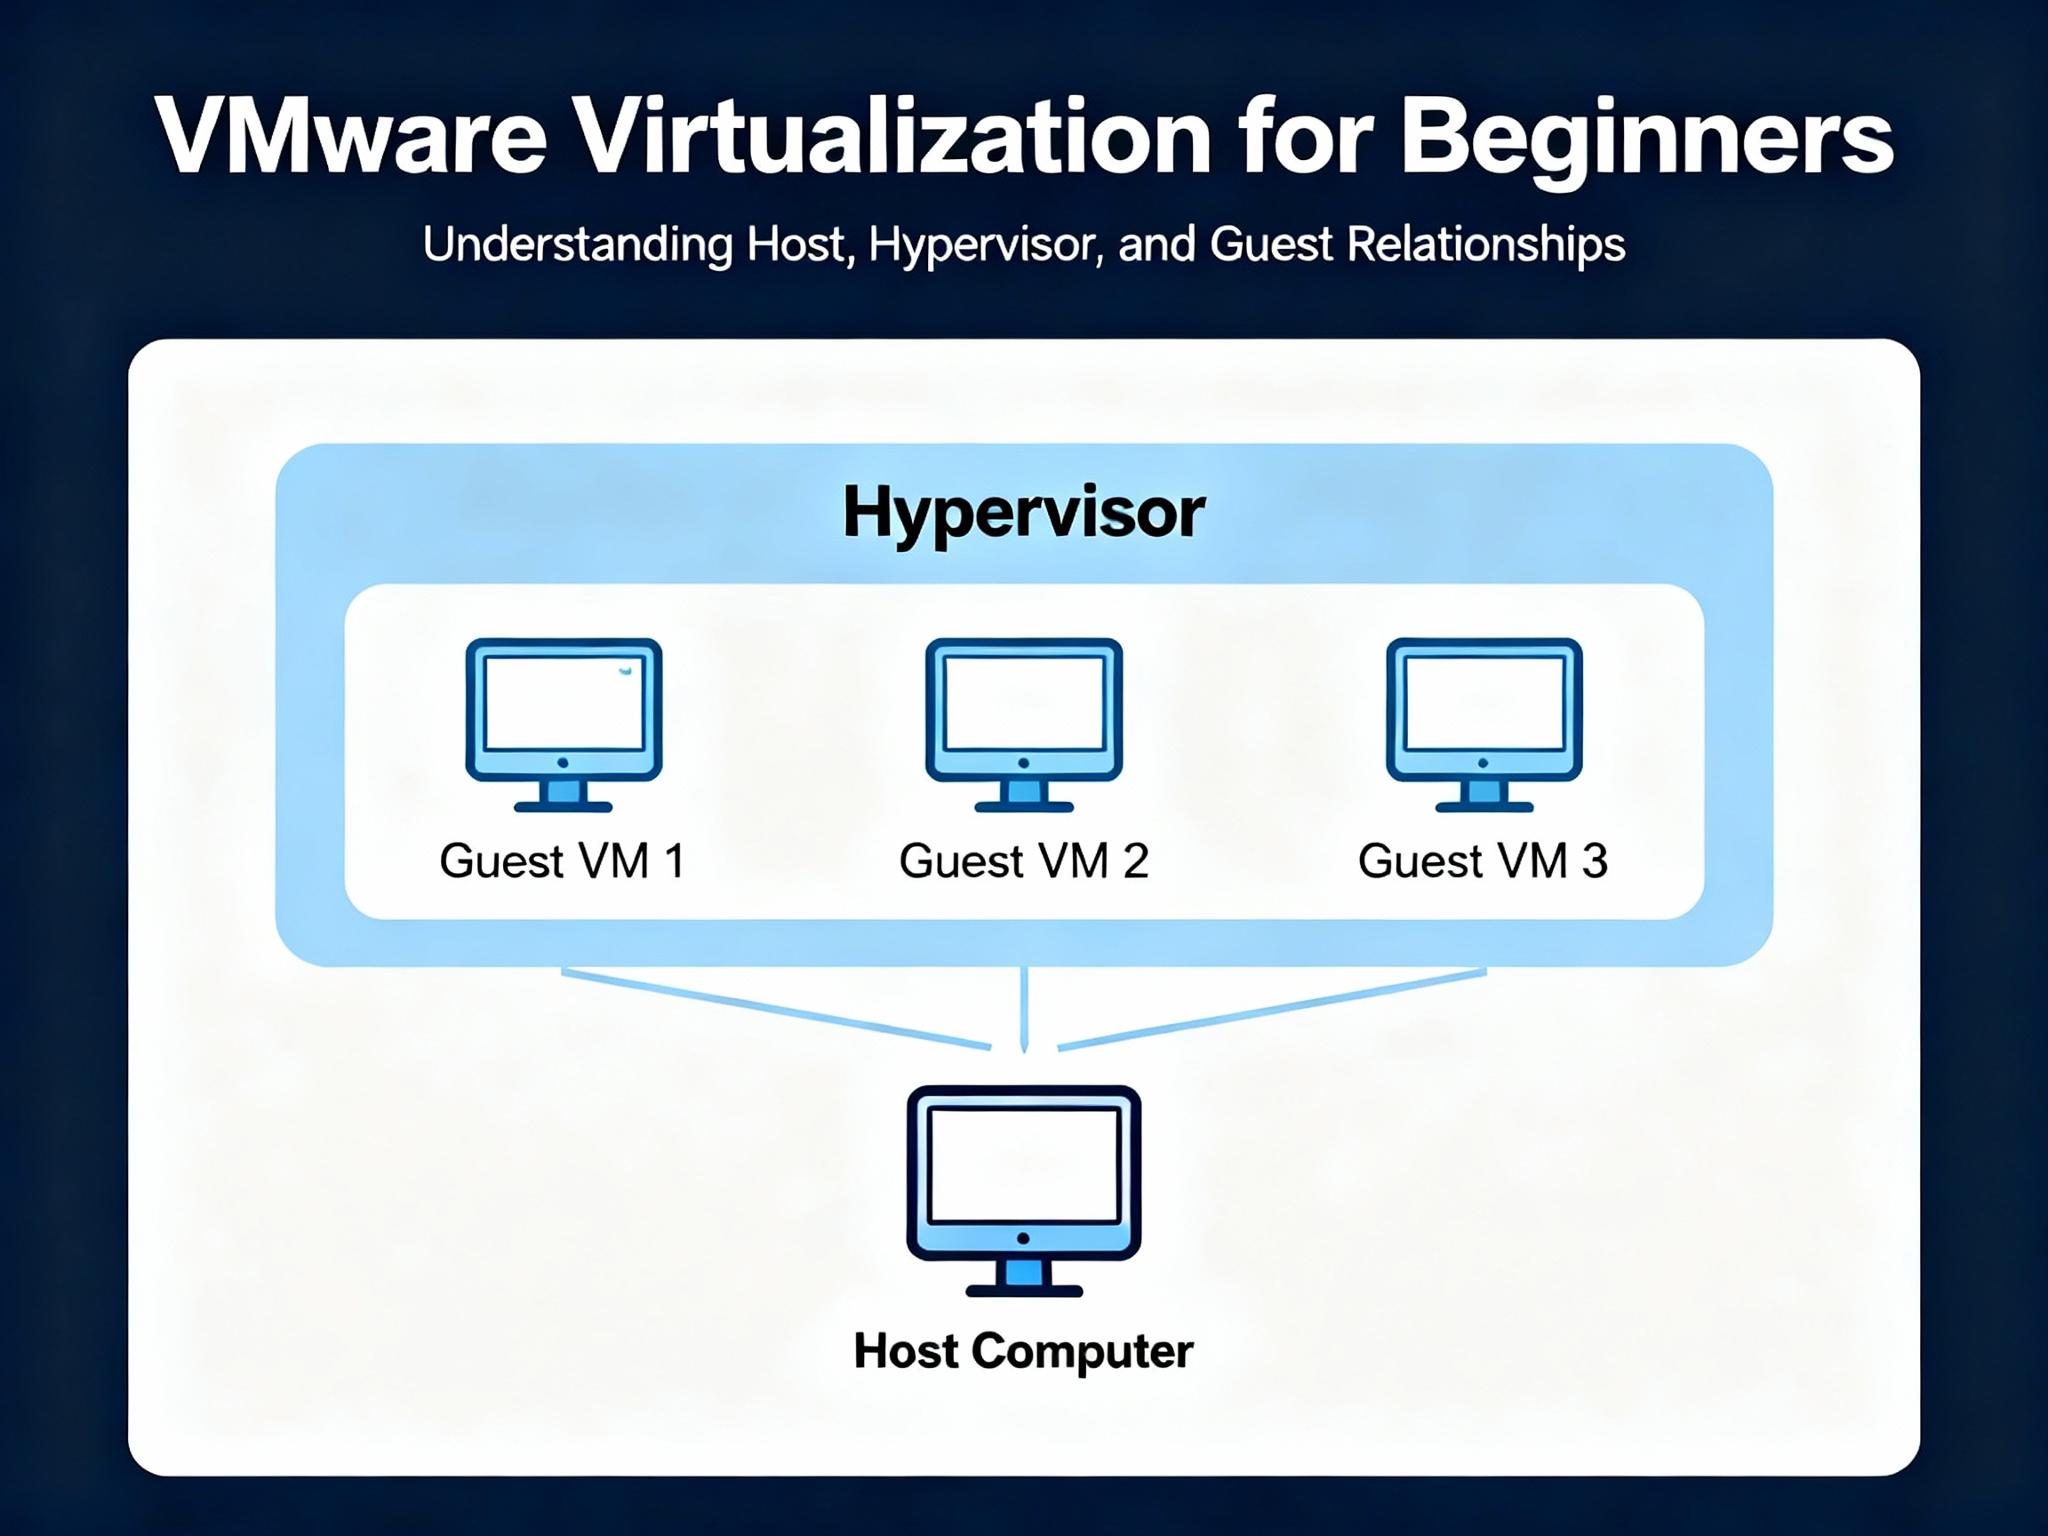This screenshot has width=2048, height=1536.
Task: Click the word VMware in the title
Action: coord(351,135)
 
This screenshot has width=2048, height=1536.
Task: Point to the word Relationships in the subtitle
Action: coord(1485,245)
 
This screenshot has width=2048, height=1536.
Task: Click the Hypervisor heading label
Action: coord(1024,513)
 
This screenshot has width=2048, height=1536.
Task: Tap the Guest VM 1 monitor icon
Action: coord(563,725)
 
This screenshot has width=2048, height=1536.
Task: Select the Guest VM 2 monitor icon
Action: coord(1024,725)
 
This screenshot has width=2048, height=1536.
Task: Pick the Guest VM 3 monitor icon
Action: coord(1484,725)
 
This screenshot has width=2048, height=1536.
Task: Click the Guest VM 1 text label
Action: coord(563,861)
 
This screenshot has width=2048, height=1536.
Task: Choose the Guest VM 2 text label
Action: coord(1024,861)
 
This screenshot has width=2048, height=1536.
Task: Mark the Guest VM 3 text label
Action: coord(1484,861)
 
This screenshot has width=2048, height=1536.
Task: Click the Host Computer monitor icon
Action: coord(1024,1190)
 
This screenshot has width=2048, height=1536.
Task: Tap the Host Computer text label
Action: coord(1023,1352)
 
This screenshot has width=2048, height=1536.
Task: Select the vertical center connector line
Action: coord(1024,1010)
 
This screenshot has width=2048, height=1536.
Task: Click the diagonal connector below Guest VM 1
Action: coord(777,1009)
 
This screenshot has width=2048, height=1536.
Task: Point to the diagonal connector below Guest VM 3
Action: coord(1272,1009)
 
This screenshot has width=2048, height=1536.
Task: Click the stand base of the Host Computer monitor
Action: coord(1024,1291)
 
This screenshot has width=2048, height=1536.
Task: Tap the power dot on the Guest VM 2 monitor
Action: coord(1023,763)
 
